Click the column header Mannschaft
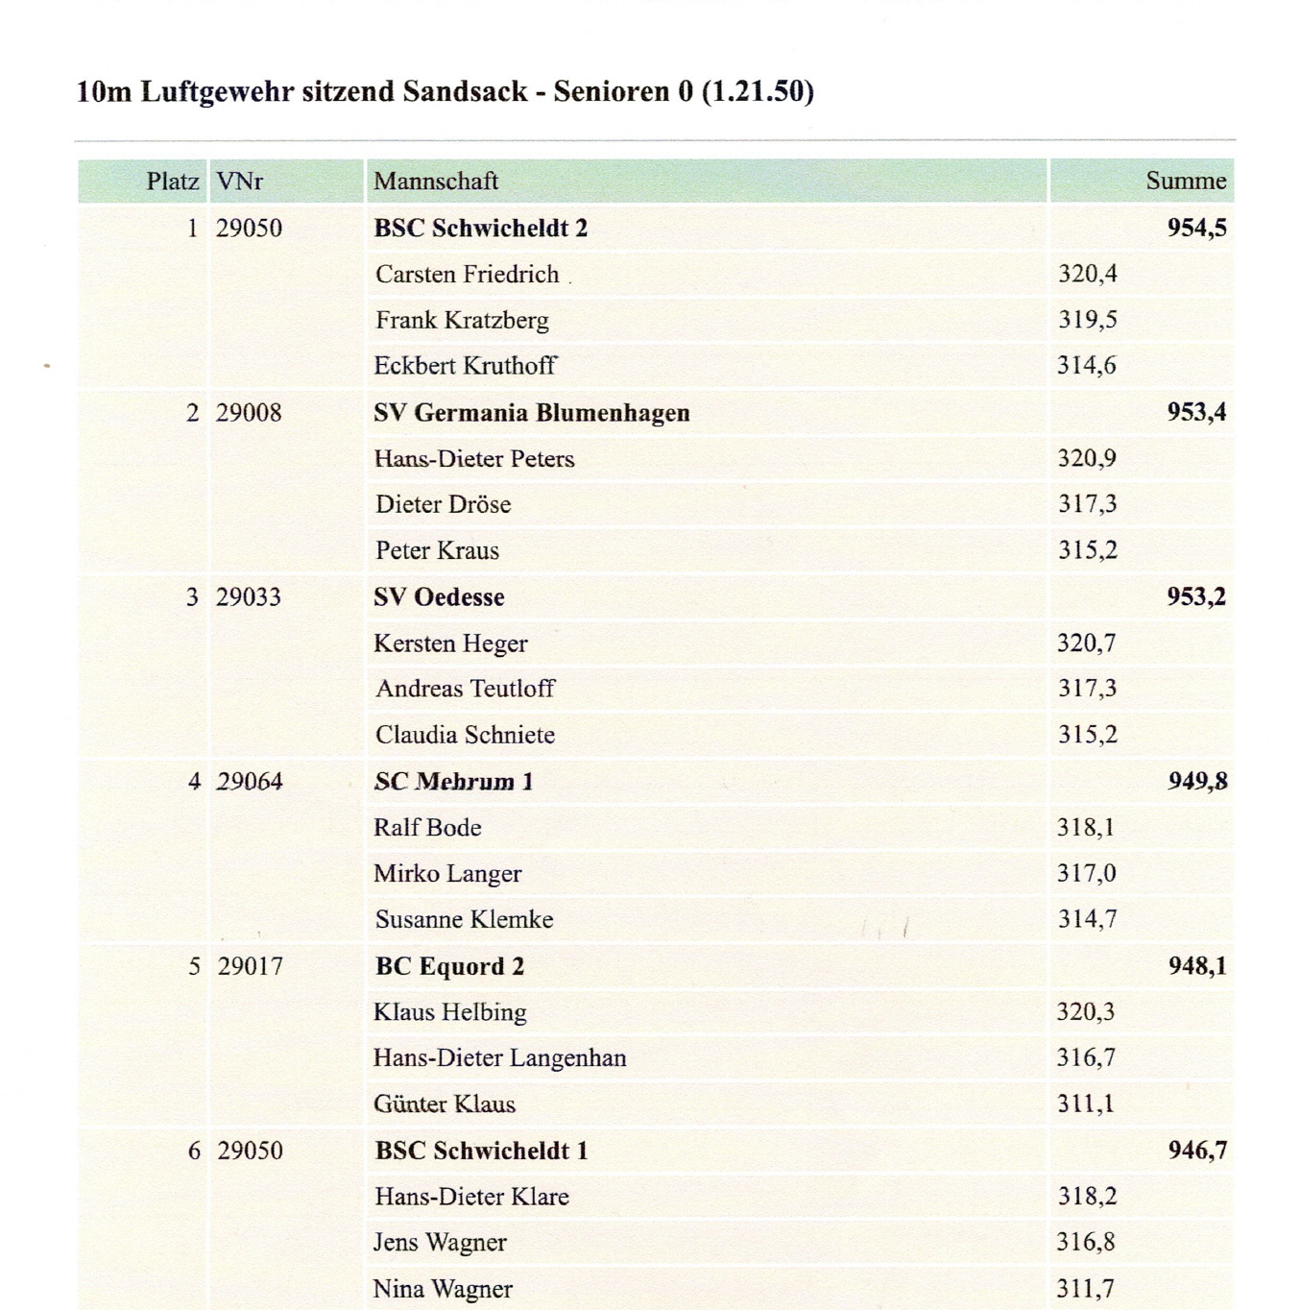point(436,182)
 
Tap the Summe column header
point(1186,181)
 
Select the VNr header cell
point(239,182)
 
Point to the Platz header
point(173,182)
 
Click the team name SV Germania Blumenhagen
point(532,413)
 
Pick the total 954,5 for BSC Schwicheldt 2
point(1196,228)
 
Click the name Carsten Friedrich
point(467,275)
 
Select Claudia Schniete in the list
point(465,736)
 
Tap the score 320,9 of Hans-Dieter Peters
point(1087,458)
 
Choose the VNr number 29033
point(249,597)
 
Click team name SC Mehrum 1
point(453,782)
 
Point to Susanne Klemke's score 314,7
point(1087,919)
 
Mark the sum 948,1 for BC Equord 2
point(1196,965)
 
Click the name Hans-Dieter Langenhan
point(499,1058)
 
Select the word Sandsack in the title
point(465,91)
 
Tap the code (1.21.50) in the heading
point(758,91)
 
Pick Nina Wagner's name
point(443,1289)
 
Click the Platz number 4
point(194,782)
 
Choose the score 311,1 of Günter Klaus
point(1085,1104)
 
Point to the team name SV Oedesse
point(439,597)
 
